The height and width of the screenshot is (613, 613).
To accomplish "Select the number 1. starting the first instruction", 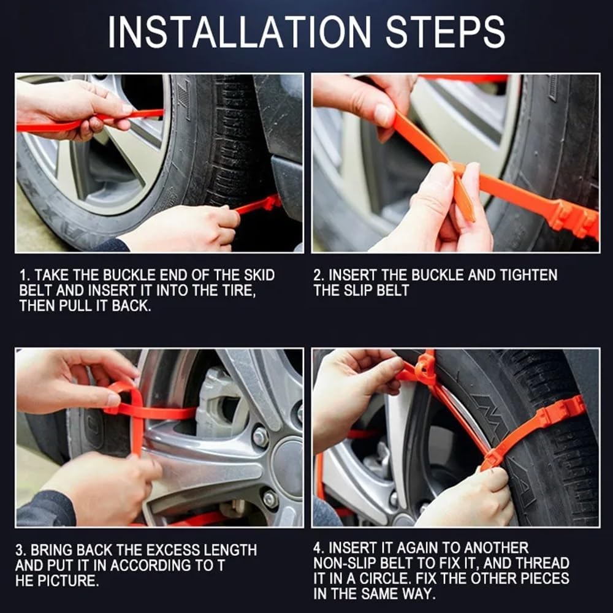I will click(24, 275).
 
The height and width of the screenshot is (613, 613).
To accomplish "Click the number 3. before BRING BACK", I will click(21, 550).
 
